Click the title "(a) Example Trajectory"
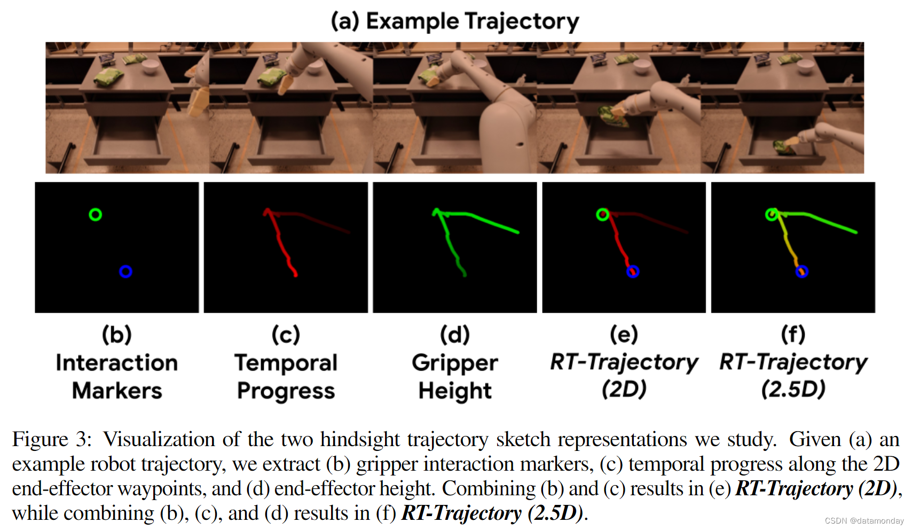click(x=454, y=21)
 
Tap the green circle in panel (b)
click(x=96, y=215)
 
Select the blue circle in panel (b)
click(x=125, y=271)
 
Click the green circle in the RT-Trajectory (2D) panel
click(x=603, y=215)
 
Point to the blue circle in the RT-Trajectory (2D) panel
click(x=633, y=271)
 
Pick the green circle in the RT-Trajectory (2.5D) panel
click(x=772, y=215)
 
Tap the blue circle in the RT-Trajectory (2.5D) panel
click(x=801, y=271)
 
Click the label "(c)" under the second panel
click(x=286, y=335)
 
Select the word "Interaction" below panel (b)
click(x=117, y=363)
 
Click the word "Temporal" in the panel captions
click(x=286, y=363)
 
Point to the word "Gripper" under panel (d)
click(x=454, y=363)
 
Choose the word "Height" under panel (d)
click(x=454, y=391)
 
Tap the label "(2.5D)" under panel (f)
click(x=793, y=389)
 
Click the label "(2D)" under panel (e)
click(x=624, y=389)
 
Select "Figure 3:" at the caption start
click(x=52, y=439)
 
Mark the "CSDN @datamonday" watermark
click(x=863, y=521)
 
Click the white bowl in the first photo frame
click(x=150, y=67)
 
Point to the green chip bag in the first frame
click(x=109, y=78)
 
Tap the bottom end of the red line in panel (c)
click(x=295, y=275)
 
